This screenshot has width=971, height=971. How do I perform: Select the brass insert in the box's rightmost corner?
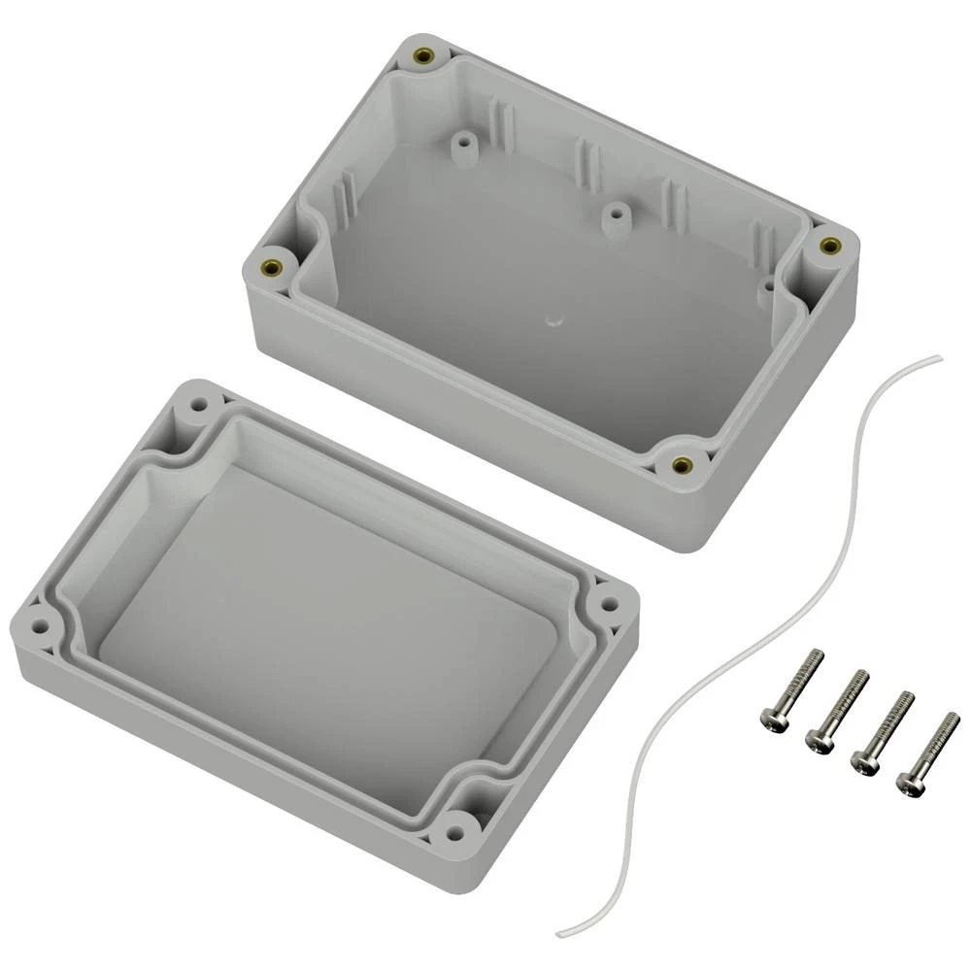point(828,246)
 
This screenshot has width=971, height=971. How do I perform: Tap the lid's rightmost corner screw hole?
point(609,603)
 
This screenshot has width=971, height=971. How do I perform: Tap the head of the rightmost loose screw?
point(910,782)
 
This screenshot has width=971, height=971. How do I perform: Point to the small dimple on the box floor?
point(555,318)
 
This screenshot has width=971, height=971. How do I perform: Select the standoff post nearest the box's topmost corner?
point(463,146)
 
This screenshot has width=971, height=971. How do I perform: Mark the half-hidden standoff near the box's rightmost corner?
point(766,286)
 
